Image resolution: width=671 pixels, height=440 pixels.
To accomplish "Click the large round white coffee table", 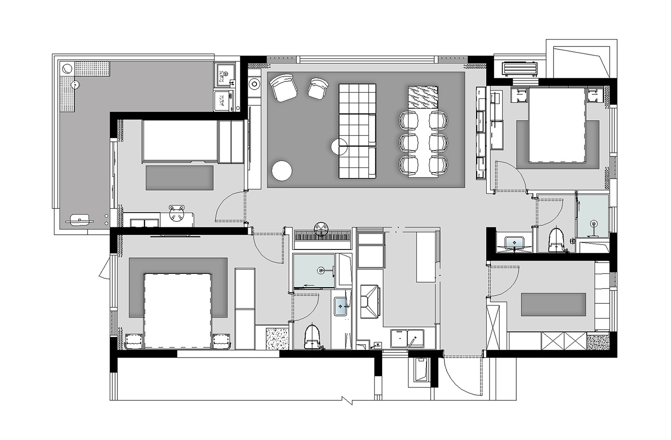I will pyautogui.click(x=282, y=171).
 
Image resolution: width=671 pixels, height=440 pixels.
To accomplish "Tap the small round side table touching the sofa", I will pyautogui.click(x=339, y=147).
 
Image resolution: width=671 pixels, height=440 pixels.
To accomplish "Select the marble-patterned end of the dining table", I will pyautogui.click(x=422, y=98).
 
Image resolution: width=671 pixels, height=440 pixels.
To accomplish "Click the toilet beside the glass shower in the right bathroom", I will pyautogui.click(x=557, y=240).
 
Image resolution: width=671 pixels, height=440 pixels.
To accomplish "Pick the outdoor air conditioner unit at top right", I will pyautogui.click(x=520, y=69).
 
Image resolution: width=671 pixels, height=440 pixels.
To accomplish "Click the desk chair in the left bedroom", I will pyautogui.click(x=176, y=214).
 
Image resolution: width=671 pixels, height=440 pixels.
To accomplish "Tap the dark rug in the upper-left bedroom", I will pyautogui.click(x=180, y=178).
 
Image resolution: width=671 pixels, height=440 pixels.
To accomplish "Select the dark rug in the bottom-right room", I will pyautogui.click(x=553, y=305).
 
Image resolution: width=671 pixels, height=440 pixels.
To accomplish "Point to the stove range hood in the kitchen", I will pyautogui.click(x=369, y=301).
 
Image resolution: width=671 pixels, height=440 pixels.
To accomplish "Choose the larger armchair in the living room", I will pyautogui.click(x=283, y=88).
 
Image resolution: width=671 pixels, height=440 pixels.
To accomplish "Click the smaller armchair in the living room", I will pyautogui.click(x=317, y=88).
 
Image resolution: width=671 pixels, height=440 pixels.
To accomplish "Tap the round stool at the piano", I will pyautogui.click(x=321, y=227).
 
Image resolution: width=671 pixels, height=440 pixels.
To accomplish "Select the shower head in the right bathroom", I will pyautogui.click(x=593, y=225).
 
